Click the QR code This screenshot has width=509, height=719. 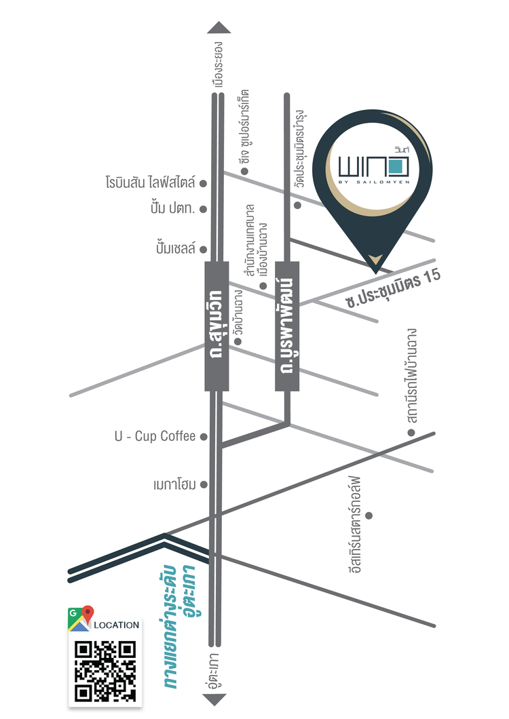tap(105, 671)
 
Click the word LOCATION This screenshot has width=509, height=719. tap(116, 625)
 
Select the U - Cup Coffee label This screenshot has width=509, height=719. tap(155, 436)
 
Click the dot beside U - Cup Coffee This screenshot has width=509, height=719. tap(203, 436)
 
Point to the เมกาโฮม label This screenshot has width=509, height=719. tap(174, 485)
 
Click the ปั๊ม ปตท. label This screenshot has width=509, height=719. tap(172, 209)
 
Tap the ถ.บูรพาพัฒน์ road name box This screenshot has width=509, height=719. tap(287, 326)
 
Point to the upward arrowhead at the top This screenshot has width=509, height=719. tap(219, 27)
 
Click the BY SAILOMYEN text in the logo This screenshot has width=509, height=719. tap(372, 181)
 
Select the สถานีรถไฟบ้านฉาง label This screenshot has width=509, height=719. tap(411, 381)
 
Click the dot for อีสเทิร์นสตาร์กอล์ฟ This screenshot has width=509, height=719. tap(369, 516)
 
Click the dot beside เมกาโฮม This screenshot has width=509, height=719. tap(203, 485)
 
